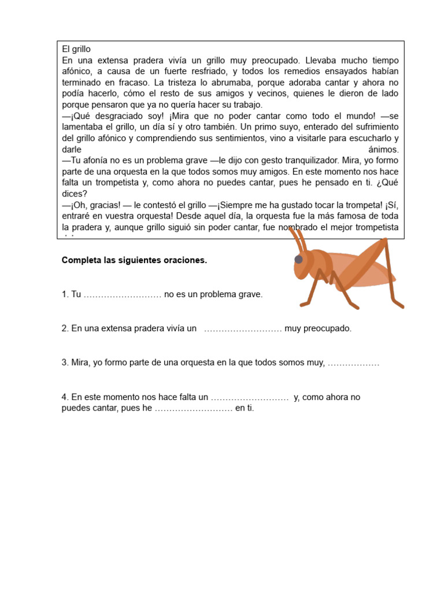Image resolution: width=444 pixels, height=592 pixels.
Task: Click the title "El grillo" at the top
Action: (x=76, y=50)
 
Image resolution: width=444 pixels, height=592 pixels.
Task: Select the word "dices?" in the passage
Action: (x=74, y=194)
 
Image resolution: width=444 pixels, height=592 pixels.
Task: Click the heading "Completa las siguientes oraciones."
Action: (x=134, y=261)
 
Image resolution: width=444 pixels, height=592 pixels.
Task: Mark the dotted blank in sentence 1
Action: (x=123, y=295)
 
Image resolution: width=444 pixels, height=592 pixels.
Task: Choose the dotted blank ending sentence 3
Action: (x=353, y=363)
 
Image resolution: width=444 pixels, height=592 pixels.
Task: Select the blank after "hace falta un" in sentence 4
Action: (x=249, y=397)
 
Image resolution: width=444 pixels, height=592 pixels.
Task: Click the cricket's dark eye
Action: (x=298, y=260)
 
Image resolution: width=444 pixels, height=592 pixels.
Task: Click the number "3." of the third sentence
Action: (x=65, y=363)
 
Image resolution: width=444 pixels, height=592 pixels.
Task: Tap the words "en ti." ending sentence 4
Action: (x=245, y=408)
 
